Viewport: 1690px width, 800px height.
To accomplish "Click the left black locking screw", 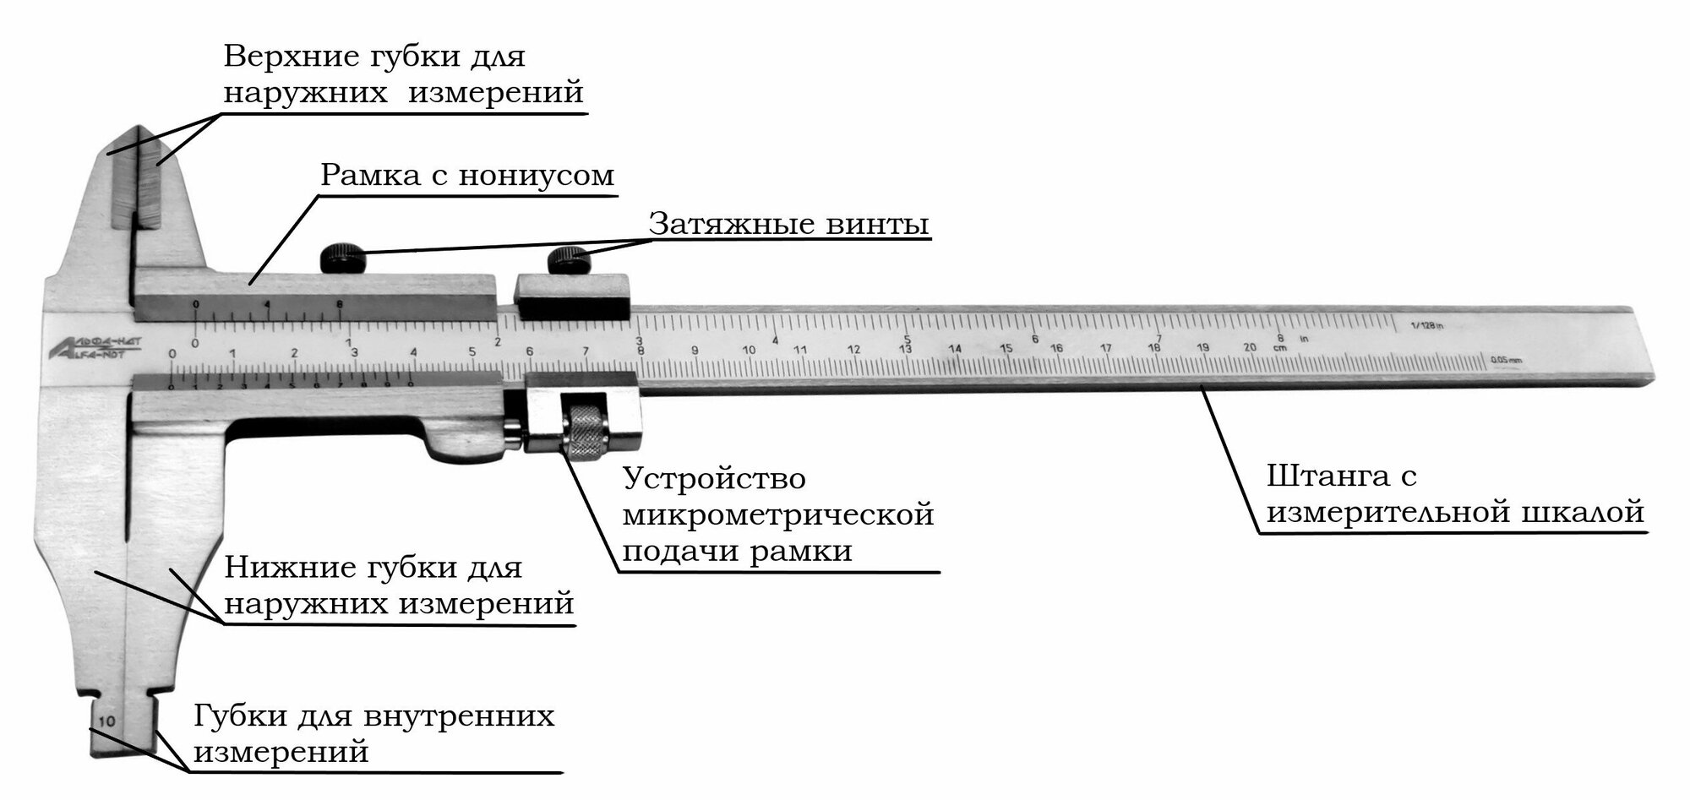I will click(341, 257).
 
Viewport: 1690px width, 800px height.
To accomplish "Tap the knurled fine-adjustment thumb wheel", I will click(586, 431).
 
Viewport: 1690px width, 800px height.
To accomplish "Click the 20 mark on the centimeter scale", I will click(1250, 347).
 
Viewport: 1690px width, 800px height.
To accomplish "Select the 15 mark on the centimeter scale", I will click(1006, 348).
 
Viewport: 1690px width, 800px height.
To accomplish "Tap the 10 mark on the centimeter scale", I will click(749, 349).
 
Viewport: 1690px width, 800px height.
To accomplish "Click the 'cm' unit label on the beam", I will click(1279, 347).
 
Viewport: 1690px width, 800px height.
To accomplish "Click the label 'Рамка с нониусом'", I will click(467, 176).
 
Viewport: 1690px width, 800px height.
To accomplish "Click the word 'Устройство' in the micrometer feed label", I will click(715, 479).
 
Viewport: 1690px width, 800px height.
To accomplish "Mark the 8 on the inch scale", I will click(1281, 337).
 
